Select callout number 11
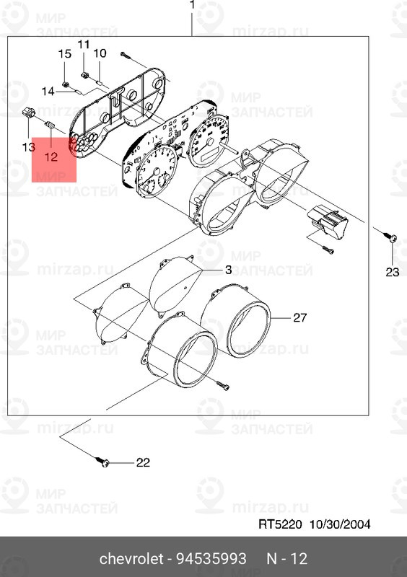pos(84,45)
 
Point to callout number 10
pos(100,53)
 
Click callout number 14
pos(48,91)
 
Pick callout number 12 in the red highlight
pos(51,156)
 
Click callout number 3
pos(227,270)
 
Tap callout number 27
pos(300,317)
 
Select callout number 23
pos(391,272)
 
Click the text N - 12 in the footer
pos(288,559)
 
